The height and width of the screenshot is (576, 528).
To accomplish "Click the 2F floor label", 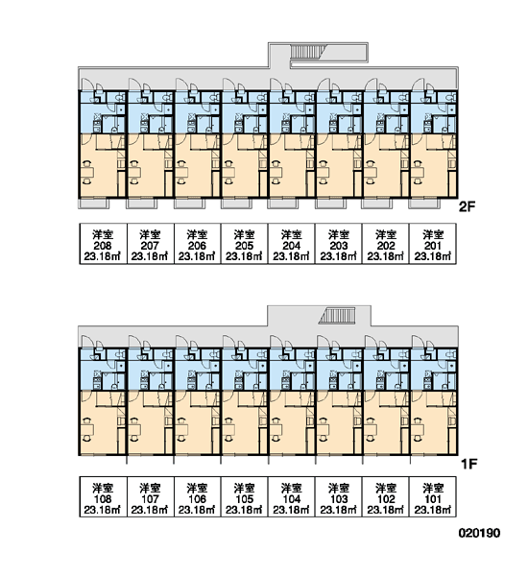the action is (467, 206).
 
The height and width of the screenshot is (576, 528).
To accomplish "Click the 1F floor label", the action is (468, 464).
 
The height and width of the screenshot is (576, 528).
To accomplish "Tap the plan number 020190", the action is (479, 533).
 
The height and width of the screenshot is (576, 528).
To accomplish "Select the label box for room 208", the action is (103, 244).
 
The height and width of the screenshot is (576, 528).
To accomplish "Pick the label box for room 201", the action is (432, 244).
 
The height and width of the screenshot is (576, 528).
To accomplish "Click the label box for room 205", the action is (244, 244).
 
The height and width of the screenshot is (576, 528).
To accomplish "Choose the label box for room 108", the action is (103, 497).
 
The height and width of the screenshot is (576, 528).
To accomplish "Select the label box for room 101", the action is (432, 497).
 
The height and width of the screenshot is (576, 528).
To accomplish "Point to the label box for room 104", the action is (292, 497).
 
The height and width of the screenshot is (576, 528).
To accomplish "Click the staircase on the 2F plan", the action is (305, 52).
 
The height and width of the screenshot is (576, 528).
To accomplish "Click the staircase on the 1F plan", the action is (337, 316).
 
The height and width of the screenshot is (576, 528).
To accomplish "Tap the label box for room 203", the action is (339, 244).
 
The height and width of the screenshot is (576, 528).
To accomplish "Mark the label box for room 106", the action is (197, 497).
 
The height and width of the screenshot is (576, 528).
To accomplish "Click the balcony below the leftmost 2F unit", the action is (93, 204).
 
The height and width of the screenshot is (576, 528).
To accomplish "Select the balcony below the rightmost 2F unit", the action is (424, 204).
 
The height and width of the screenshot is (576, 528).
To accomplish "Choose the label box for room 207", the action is (150, 244).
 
